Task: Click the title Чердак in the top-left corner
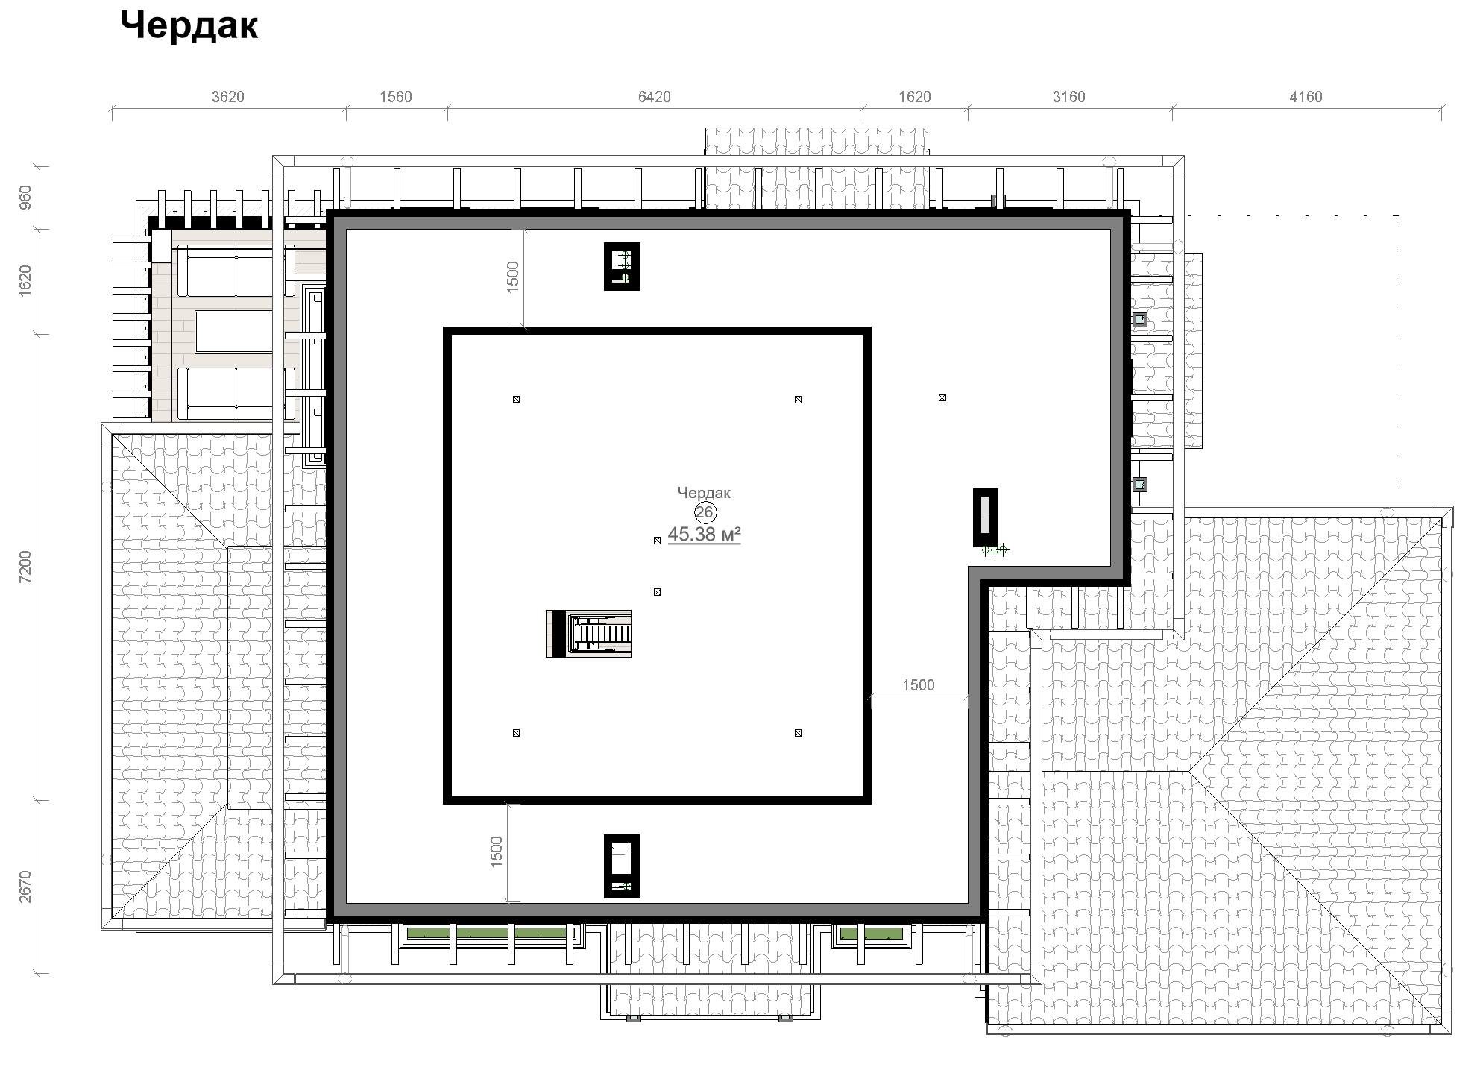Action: (x=189, y=26)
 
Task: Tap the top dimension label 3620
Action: (x=228, y=97)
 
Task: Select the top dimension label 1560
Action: (x=396, y=97)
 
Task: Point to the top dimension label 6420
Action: (x=655, y=97)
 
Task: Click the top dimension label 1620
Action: (x=915, y=97)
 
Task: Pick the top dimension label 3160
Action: (x=1069, y=97)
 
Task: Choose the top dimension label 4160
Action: (x=1306, y=97)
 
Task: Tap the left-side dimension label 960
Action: (x=26, y=197)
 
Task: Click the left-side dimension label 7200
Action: (x=26, y=567)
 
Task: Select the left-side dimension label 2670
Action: (x=26, y=887)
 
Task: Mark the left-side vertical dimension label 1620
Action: (x=26, y=281)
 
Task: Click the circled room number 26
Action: (x=705, y=512)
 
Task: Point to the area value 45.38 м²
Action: (x=705, y=535)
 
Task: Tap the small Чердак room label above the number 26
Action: (x=704, y=493)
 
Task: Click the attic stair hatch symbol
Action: (x=589, y=634)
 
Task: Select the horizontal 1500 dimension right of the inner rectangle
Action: (x=919, y=685)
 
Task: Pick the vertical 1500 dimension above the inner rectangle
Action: (x=513, y=277)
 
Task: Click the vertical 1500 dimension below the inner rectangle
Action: (x=497, y=852)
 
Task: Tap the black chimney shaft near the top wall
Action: (x=622, y=266)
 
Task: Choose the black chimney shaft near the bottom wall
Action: (x=622, y=866)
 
